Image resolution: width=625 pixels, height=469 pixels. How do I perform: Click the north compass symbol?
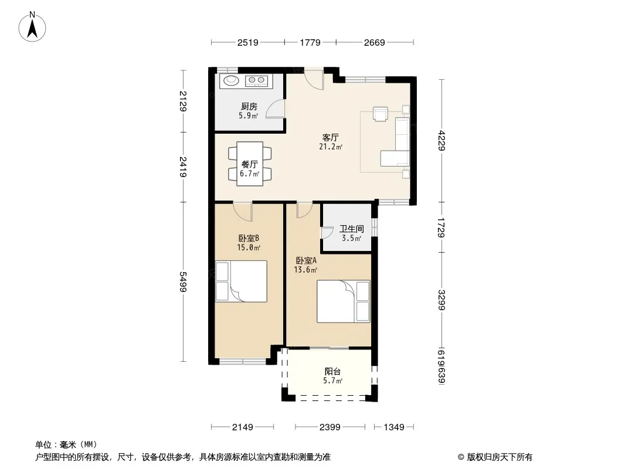pyautogui.click(x=32, y=27)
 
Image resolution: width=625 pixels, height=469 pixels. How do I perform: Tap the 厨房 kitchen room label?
pyautogui.click(x=249, y=106)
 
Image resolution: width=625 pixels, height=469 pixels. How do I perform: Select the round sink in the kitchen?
pyautogui.click(x=230, y=80)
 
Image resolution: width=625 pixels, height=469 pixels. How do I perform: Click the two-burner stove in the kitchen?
pyautogui.click(x=256, y=80)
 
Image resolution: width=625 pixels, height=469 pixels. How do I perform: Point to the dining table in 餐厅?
pyautogui.click(x=250, y=164)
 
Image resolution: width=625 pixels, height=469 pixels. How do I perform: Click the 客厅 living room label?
pyautogui.click(x=331, y=137)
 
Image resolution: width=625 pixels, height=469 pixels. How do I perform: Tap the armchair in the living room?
pyautogui.click(x=381, y=113)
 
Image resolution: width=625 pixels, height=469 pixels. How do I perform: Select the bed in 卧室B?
pyautogui.click(x=241, y=281)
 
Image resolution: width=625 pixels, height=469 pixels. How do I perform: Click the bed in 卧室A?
pyautogui.click(x=343, y=301)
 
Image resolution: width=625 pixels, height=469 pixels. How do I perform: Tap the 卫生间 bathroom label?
pyautogui.click(x=352, y=229)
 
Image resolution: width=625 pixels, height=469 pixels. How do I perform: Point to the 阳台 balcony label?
pyautogui.click(x=332, y=371)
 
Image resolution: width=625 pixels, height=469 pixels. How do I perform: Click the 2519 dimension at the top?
pyautogui.click(x=248, y=42)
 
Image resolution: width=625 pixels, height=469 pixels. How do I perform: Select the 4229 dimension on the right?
pyautogui.click(x=441, y=140)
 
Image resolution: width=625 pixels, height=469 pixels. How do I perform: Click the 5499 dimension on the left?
pyautogui.click(x=182, y=282)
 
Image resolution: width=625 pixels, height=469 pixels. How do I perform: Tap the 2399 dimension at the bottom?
pyautogui.click(x=330, y=427)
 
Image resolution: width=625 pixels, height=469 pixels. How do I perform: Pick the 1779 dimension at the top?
pyautogui.click(x=310, y=42)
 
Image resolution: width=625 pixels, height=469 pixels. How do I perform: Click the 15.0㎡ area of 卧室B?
pyautogui.click(x=249, y=247)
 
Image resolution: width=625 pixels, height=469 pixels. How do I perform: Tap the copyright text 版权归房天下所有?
pyautogui.click(x=500, y=457)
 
